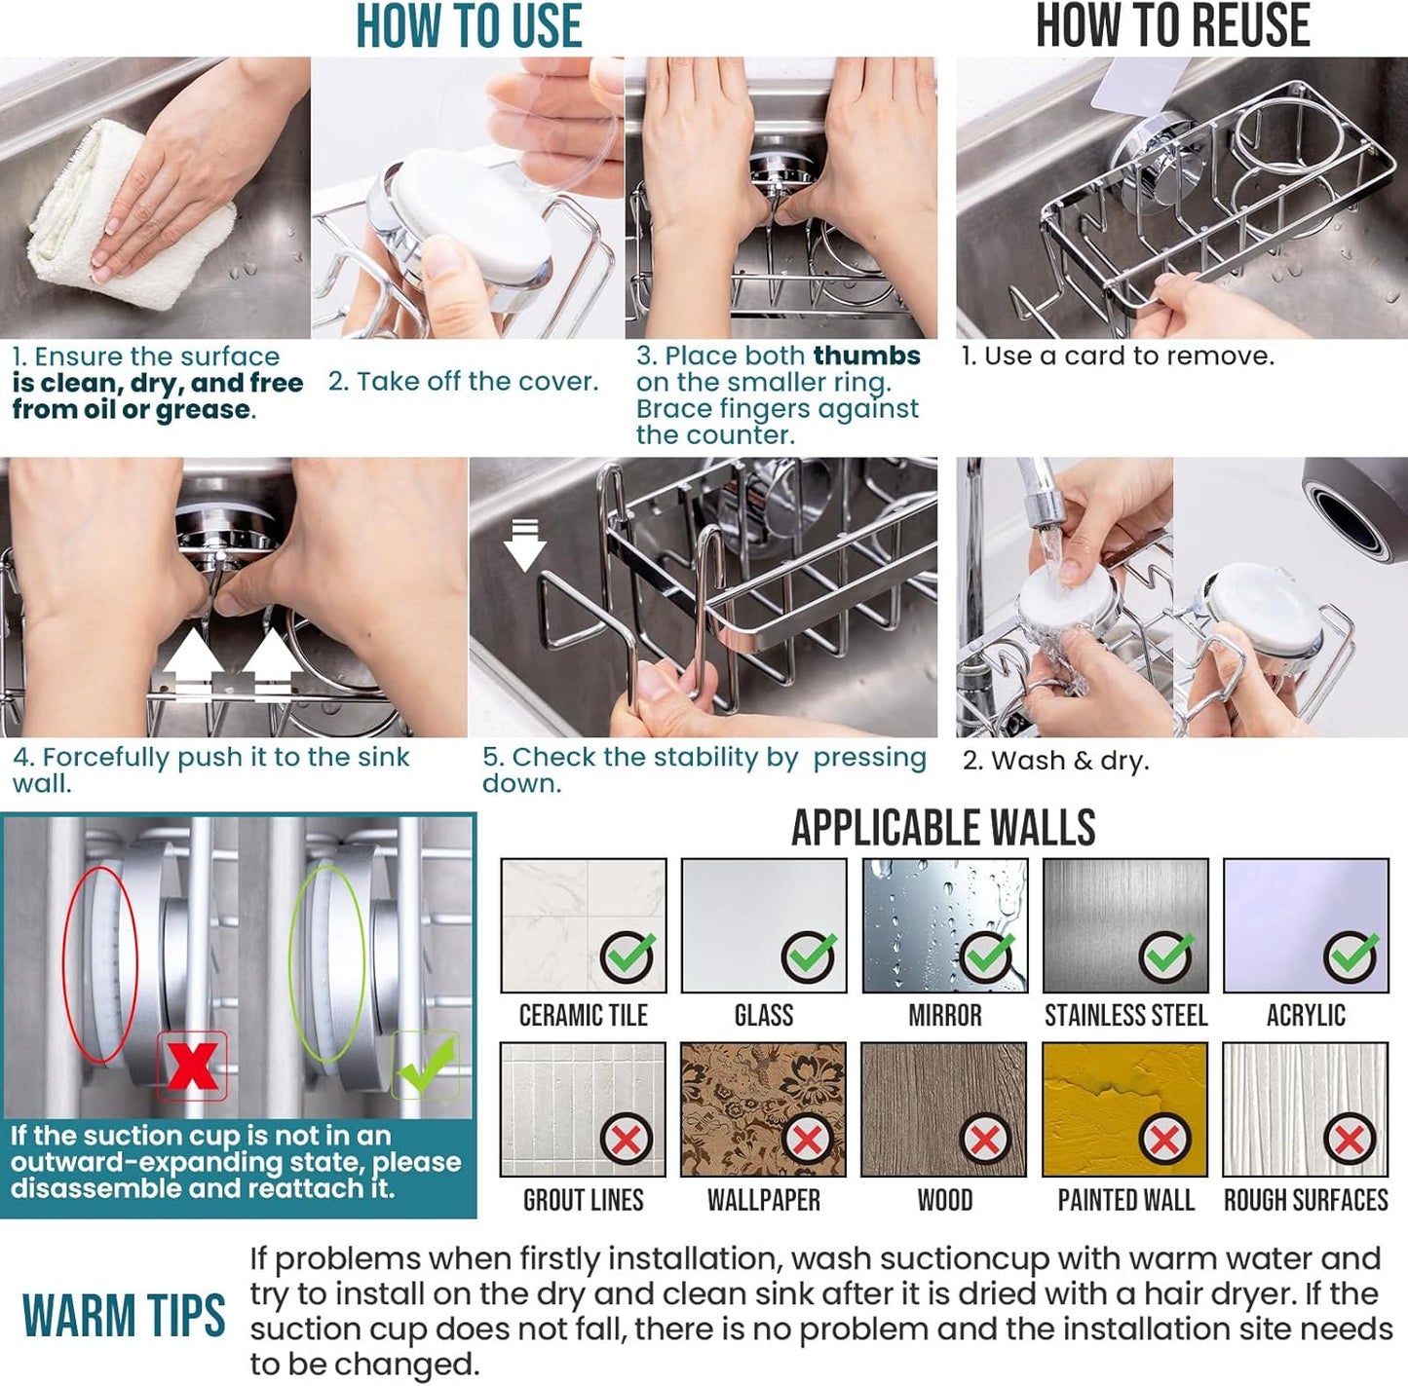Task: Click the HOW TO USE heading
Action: click(469, 26)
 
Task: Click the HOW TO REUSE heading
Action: click(1172, 26)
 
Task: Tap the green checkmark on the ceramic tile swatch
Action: click(628, 956)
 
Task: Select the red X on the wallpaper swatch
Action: click(807, 1139)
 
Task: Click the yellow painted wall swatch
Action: click(1124, 1108)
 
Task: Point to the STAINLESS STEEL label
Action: click(1125, 1016)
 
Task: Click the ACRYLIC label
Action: click(1306, 1016)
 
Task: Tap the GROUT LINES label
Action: click(583, 1200)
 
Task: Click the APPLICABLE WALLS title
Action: click(942, 828)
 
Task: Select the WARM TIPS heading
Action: click(124, 1316)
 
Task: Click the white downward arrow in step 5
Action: click(524, 545)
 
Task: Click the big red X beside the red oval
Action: click(192, 1066)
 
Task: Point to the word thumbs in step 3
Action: click(866, 356)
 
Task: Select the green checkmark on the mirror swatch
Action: click(987, 956)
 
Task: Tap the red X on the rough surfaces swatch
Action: click(1349, 1139)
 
